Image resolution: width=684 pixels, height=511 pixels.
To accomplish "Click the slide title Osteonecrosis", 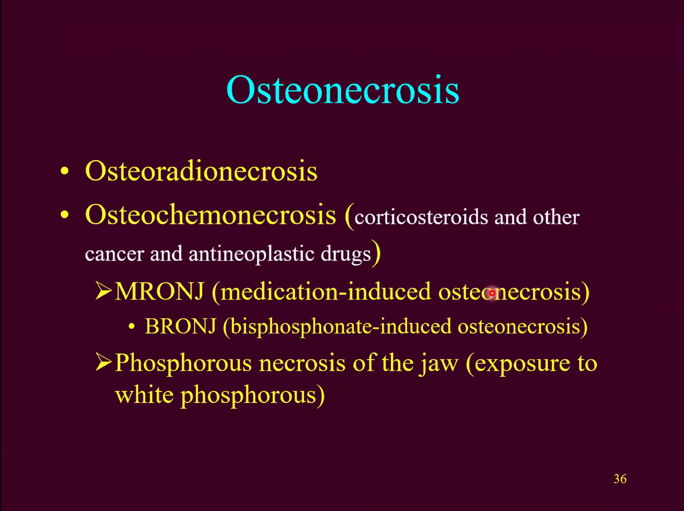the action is pos(343,90).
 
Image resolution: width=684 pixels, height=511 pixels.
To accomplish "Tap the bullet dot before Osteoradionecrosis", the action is pos(64,171).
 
